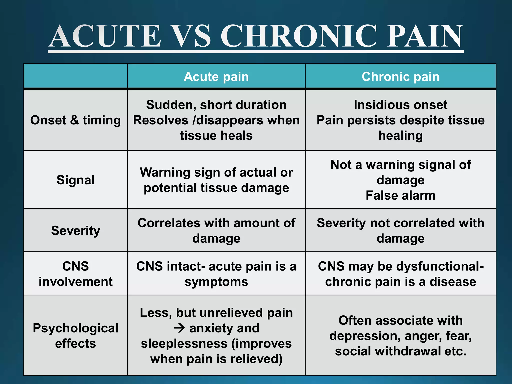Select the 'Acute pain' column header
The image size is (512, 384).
216,76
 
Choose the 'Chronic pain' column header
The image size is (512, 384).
401,76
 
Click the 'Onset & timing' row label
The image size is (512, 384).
76,120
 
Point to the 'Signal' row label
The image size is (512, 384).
76,180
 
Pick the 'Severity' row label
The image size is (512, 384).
76,230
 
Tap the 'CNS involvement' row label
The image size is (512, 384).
76,274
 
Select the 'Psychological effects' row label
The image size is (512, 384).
76,336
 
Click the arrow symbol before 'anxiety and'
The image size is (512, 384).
180,328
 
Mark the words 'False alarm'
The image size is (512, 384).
401,195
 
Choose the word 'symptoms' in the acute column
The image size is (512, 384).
216,282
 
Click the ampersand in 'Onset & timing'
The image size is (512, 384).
74,120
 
